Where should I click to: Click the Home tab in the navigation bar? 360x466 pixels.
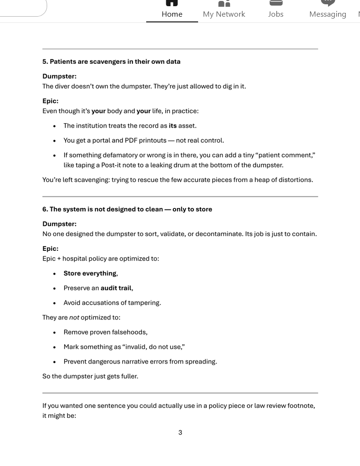tap(172, 14)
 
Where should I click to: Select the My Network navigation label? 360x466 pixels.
tap(224, 14)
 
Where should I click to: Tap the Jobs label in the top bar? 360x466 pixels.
tap(275, 14)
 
